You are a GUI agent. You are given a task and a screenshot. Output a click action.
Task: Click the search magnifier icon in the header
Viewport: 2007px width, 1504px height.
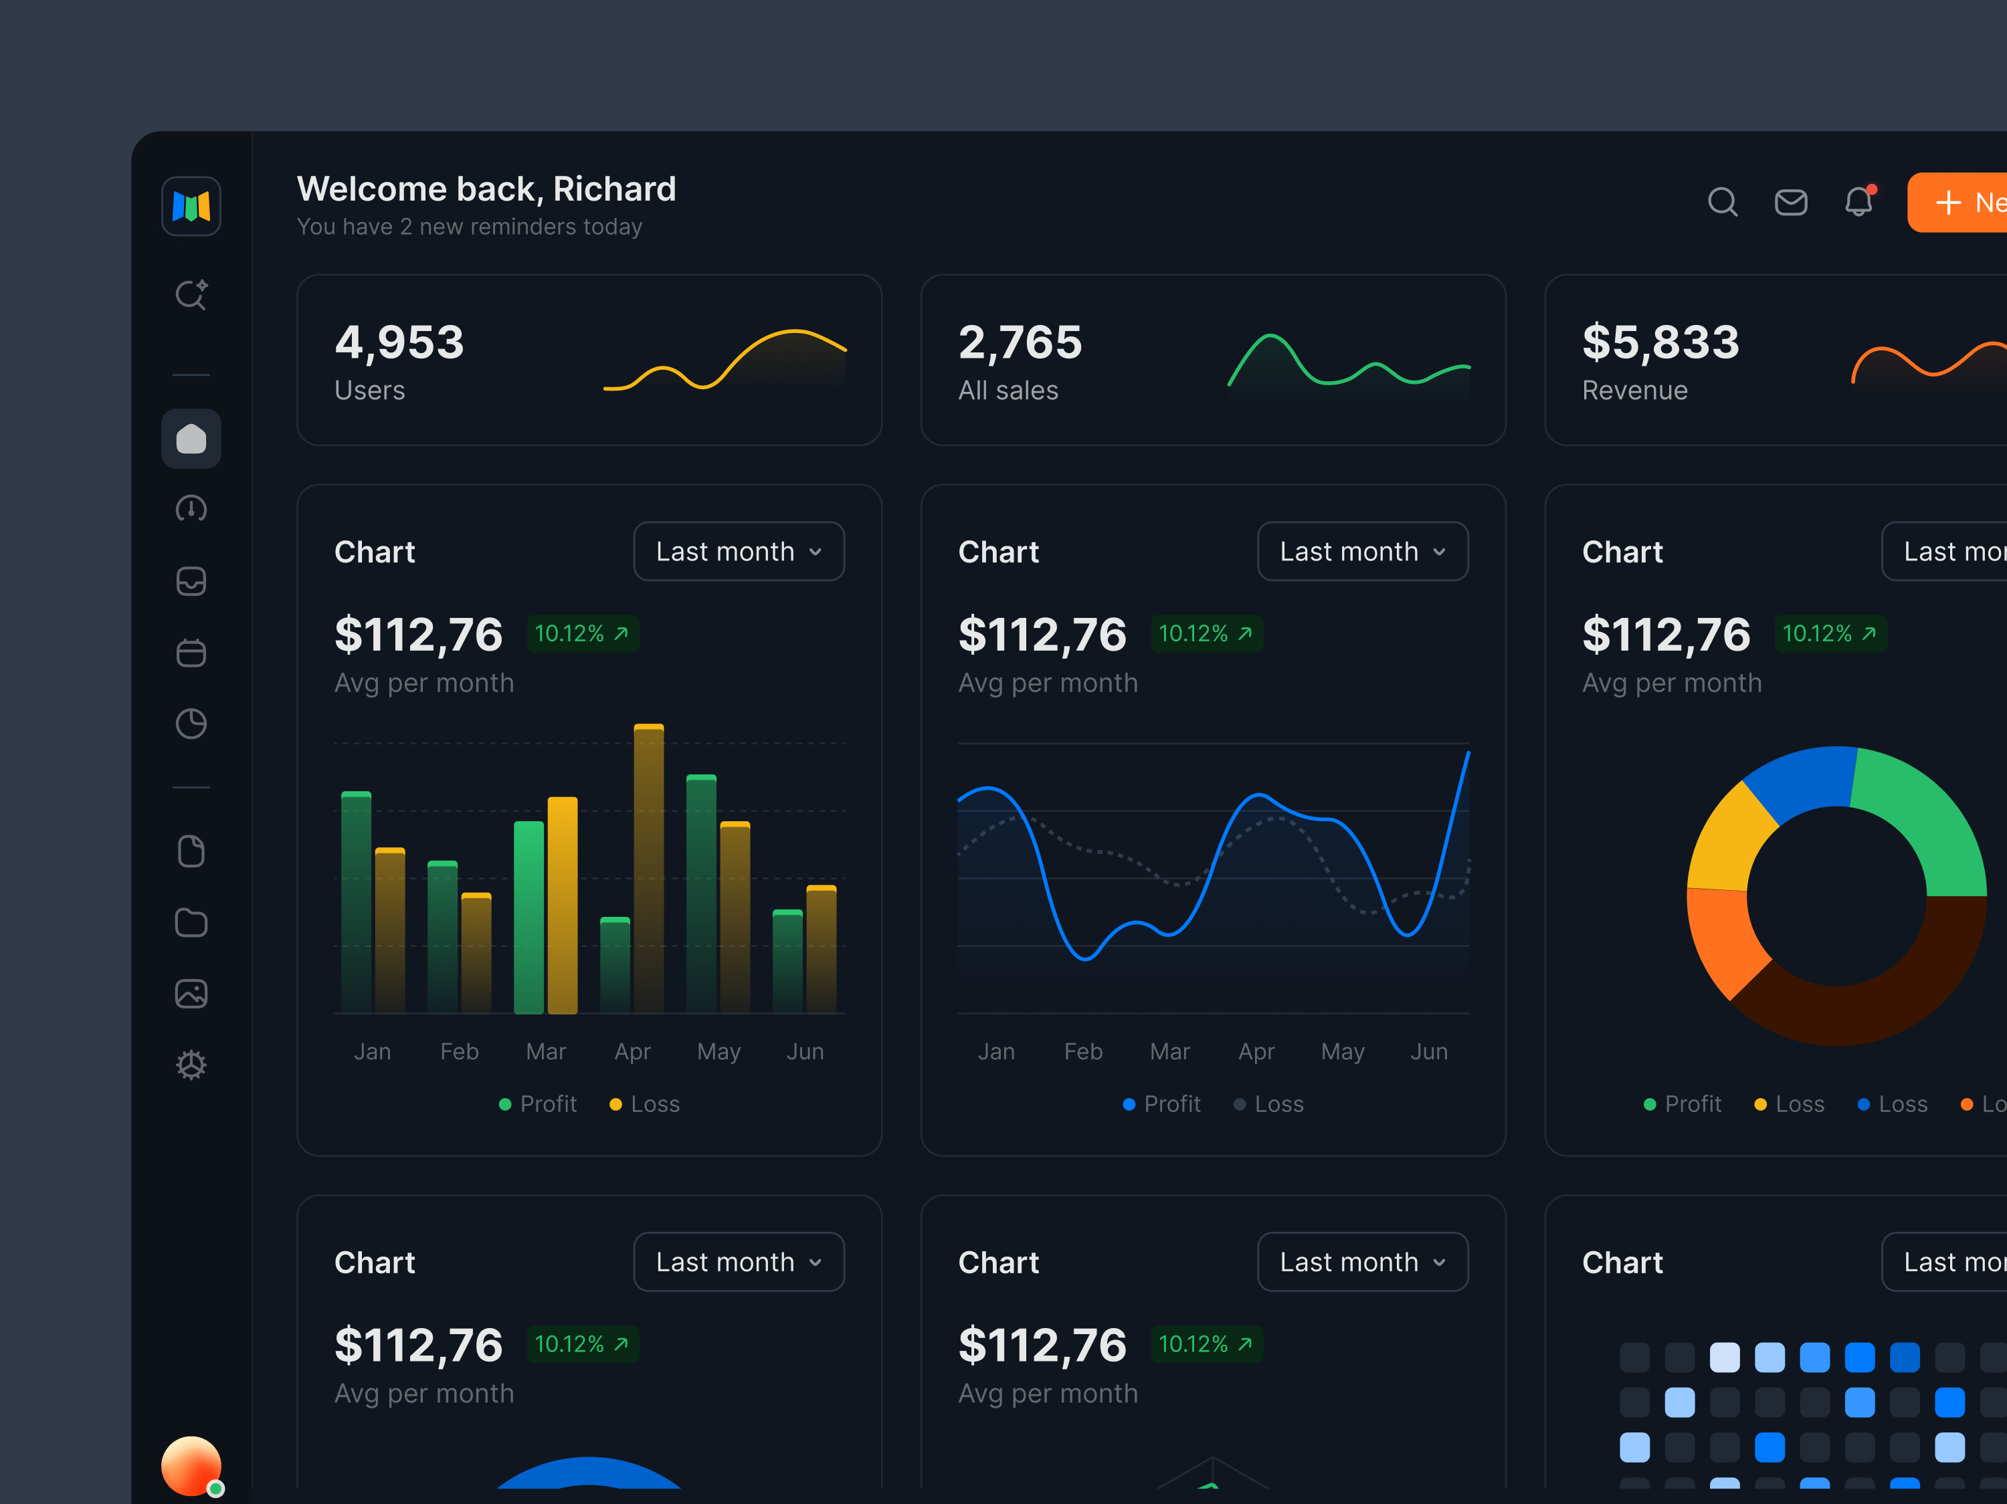tap(1721, 201)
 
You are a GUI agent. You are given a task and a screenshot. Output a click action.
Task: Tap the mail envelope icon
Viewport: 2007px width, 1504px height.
tap(1790, 201)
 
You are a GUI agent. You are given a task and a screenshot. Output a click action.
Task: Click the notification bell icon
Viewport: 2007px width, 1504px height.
tap(1858, 201)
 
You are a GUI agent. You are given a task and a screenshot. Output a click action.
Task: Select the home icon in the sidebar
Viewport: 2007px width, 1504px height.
tap(191, 439)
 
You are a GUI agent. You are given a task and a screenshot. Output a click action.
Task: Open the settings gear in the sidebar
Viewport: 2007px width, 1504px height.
tap(191, 1064)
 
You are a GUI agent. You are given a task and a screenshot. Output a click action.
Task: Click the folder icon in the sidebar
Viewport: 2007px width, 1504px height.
tap(191, 923)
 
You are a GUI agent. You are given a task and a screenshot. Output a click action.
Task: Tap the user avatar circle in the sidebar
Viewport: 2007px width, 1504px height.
tap(191, 1464)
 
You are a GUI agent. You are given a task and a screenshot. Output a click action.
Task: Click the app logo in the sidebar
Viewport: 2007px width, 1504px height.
tap(191, 206)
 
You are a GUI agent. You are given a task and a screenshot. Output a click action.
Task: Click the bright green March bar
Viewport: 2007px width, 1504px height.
tap(528, 916)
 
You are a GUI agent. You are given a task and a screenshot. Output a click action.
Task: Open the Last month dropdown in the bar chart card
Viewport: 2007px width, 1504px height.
tap(739, 552)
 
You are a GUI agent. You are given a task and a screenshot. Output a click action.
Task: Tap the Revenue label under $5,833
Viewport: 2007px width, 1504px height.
tap(1634, 390)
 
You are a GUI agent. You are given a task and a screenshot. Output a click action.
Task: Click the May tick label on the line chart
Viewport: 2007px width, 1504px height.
tap(1342, 1051)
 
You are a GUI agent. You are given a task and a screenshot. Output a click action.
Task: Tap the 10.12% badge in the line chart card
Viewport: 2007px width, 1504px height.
tap(1206, 633)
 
